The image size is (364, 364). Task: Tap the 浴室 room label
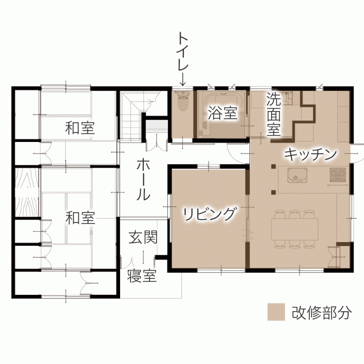click(x=222, y=113)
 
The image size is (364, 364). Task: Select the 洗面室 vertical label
click(x=273, y=114)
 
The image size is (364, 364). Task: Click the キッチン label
click(x=310, y=154)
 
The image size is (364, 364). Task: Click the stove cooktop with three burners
click(x=338, y=175)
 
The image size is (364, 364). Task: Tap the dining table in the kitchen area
click(x=294, y=229)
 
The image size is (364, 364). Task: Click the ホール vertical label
click(x=143, y=180)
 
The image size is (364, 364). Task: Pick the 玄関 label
click(x=143, y=237)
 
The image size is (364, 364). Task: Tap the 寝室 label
click(x=142, y=276)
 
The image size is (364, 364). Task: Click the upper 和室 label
click(x=80, y=128)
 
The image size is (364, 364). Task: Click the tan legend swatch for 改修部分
click(x=276, y=312)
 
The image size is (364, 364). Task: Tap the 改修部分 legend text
click(x=322, y=313)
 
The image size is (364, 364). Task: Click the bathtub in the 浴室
click(x=223, y=114)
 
